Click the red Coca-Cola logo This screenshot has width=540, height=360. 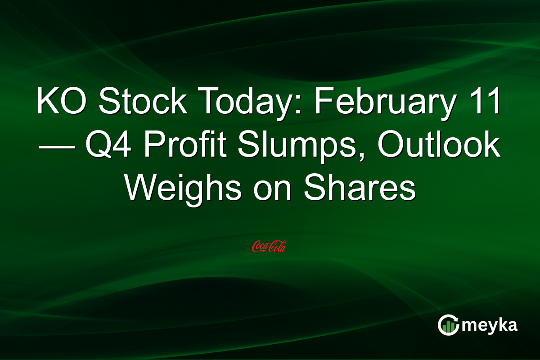[270, 246]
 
